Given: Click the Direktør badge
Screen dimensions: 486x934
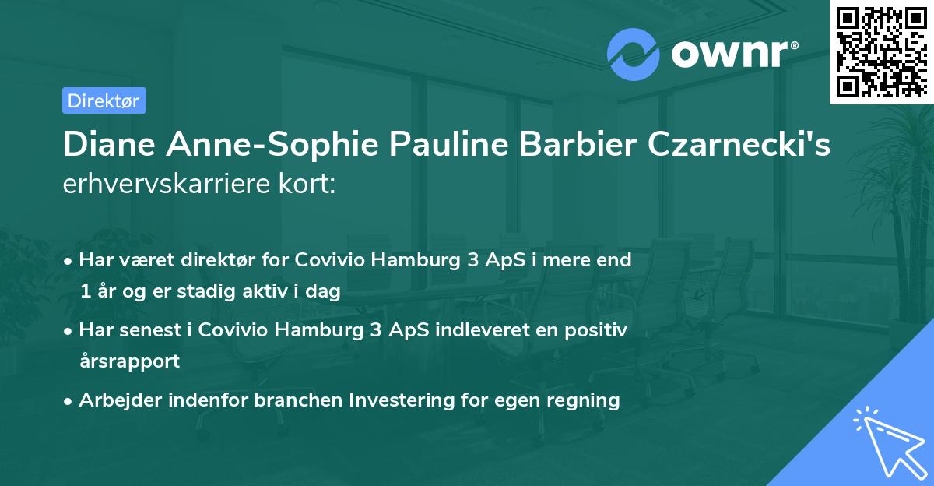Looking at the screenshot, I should [104, 100].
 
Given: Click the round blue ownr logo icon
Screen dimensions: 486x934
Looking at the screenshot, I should [634, 54].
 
